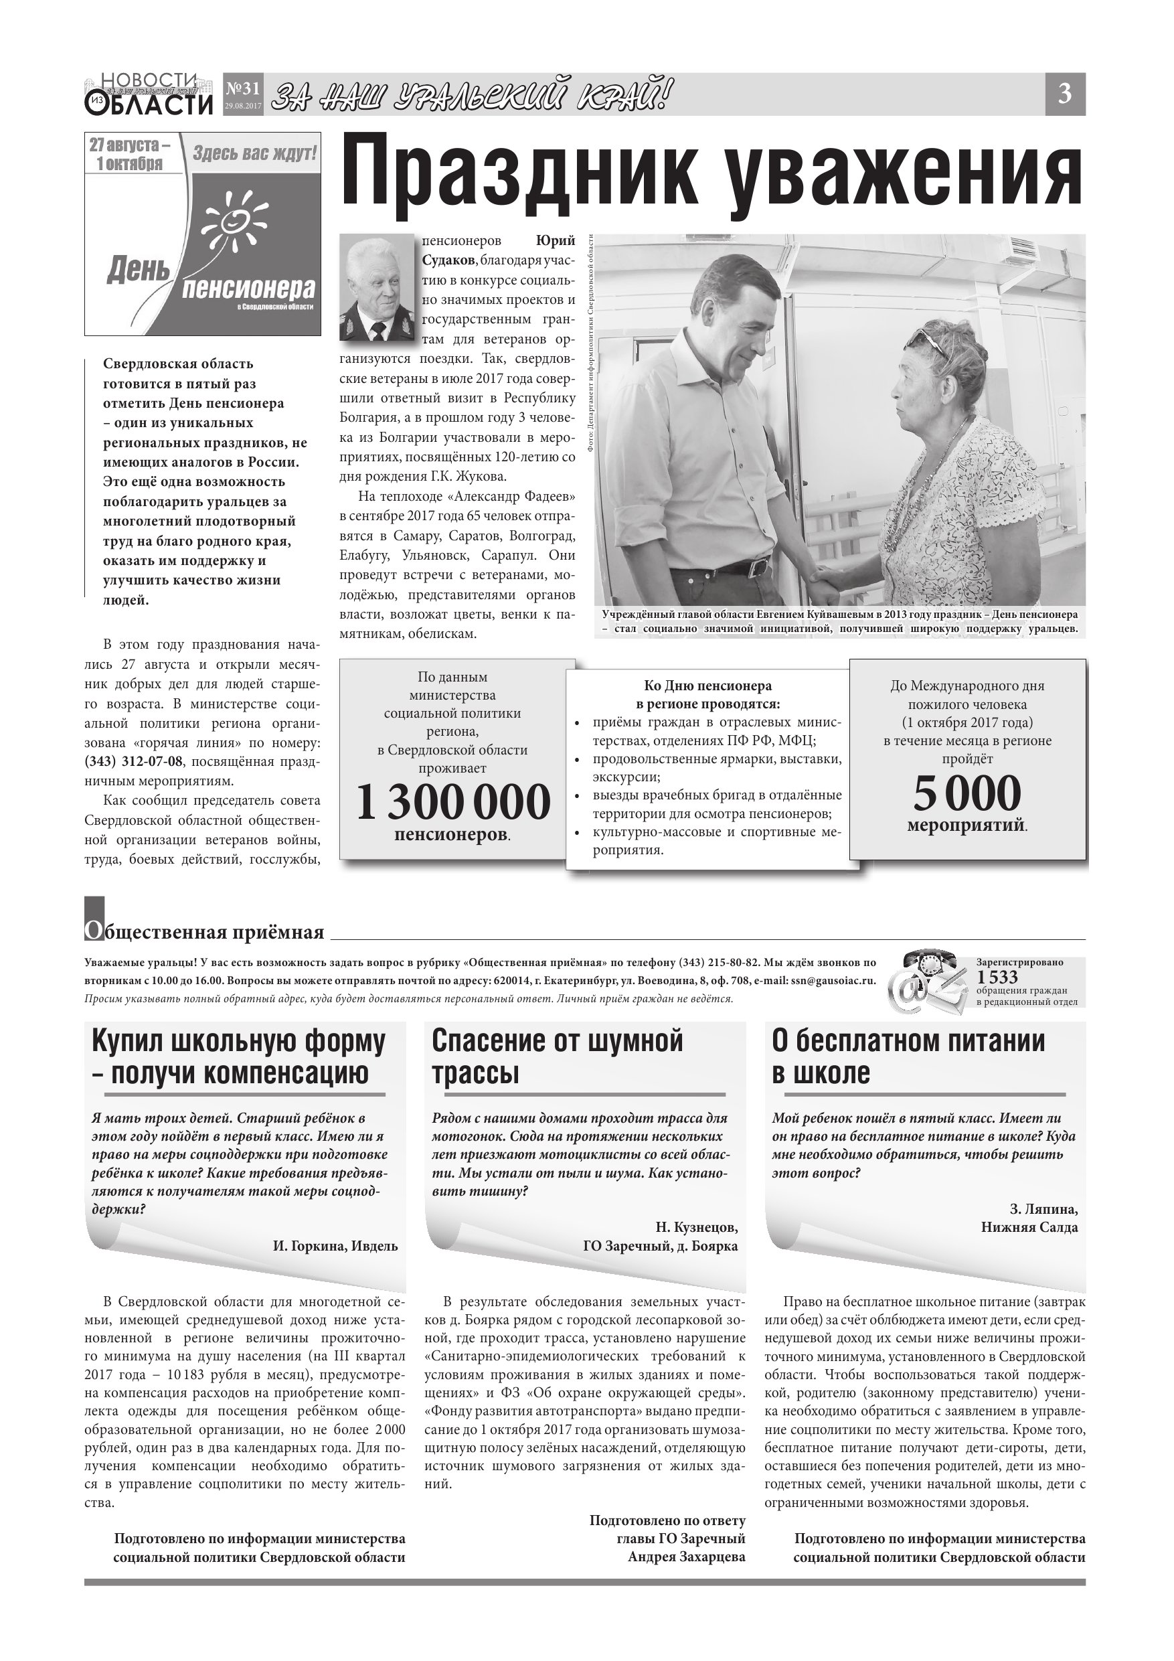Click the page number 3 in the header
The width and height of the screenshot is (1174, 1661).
1064,94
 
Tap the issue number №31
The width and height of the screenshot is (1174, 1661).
242,89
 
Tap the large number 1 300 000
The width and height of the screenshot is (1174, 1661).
454,802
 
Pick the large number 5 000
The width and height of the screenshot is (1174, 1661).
967,793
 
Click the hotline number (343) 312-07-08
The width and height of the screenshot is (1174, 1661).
134,761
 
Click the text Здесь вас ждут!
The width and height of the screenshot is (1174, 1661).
254,153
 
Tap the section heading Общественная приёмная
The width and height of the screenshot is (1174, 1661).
205,932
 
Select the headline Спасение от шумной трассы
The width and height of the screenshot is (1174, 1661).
558,1056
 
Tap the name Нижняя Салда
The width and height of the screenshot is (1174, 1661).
1029,1227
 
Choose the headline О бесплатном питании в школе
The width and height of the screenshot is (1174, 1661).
908,1056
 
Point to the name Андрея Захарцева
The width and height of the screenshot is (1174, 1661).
687,1557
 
